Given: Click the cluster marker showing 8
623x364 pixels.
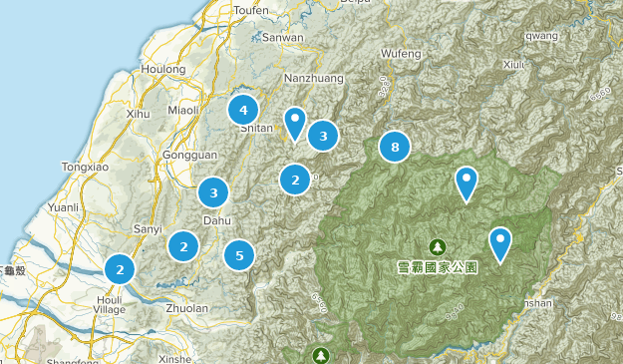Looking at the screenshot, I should click(395, 148).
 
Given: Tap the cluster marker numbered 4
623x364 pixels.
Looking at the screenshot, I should click(242, 109).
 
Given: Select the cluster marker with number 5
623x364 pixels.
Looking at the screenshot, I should click(239, 255).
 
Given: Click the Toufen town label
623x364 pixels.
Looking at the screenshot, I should click(250, 10).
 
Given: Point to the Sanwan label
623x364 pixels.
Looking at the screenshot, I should click(283, 38).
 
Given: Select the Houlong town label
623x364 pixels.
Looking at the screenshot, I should click(163, 70).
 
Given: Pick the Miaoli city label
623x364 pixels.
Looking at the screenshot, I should click(184, 110).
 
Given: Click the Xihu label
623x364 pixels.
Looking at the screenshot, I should click(139, 116).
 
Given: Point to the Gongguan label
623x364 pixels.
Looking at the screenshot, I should click(182, 157).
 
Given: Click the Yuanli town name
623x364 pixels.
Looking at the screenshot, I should click(63, 208).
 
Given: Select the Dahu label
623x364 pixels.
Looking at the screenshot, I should click(217, 220).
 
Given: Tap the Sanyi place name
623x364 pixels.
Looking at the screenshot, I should click(148, 229).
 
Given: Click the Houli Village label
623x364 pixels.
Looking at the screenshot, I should click(109, 304).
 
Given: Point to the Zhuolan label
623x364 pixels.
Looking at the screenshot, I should click(186, 308).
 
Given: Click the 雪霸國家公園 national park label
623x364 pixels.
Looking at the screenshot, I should click(437, 267).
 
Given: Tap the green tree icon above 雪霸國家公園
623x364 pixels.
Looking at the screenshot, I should click(437, 245).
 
